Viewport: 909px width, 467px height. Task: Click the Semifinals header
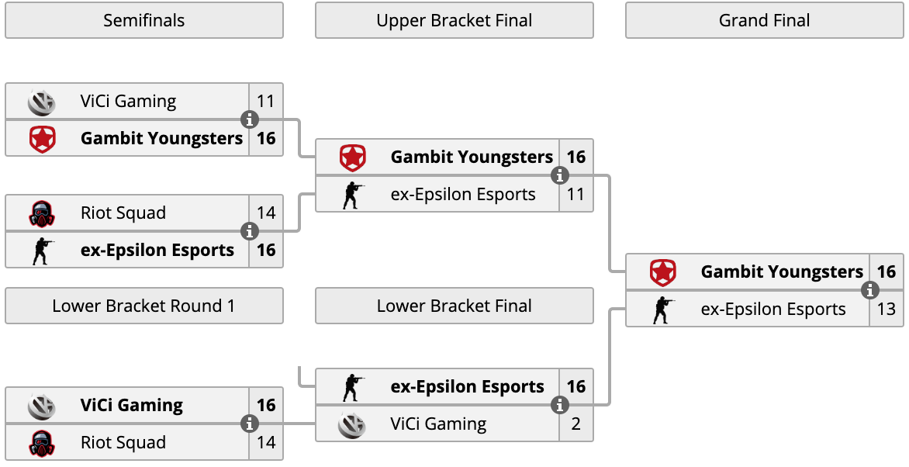[143, 20]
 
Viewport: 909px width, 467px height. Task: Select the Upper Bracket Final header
[454, 20]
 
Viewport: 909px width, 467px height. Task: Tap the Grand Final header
[764, 20]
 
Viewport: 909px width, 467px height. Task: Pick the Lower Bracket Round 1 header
[143, 306]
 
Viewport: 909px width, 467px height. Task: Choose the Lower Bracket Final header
[454, 306]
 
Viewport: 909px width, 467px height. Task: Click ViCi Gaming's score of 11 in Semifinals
[265, 101]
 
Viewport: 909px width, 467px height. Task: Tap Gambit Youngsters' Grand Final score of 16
[887, 272]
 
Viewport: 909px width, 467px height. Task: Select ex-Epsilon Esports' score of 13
[887, 310]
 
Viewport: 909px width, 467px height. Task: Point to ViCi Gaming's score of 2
[575, 424]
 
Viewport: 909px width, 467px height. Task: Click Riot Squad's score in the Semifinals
[266, 213]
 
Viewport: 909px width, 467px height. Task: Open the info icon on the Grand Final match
[869, 290]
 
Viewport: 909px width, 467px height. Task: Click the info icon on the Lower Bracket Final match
[559, 405]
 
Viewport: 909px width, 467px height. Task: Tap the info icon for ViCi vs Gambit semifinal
[249, 119]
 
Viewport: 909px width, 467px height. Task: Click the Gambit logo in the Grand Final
[662, 272]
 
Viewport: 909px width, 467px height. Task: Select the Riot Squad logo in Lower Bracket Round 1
[42, 443]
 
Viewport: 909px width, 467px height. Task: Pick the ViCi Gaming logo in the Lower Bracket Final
[352, 424]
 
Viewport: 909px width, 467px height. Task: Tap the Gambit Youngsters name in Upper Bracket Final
[472, 157]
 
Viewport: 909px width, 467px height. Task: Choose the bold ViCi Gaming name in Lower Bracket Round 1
[132, 405]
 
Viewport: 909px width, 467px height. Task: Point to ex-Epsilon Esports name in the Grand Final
[773, 310]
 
